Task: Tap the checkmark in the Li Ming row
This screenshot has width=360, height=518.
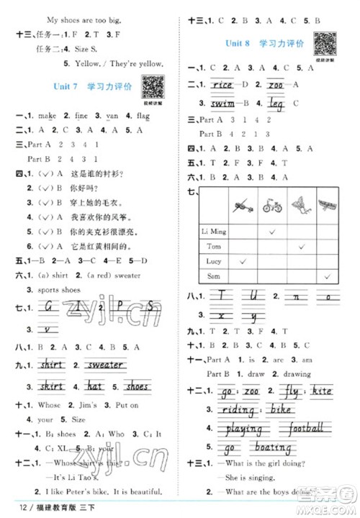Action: coord(273,231)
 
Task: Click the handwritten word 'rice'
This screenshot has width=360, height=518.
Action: coord(221,85)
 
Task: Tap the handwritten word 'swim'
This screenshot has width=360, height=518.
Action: coord(221,104)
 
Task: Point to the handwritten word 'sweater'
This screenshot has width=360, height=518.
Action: coord(105,365)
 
